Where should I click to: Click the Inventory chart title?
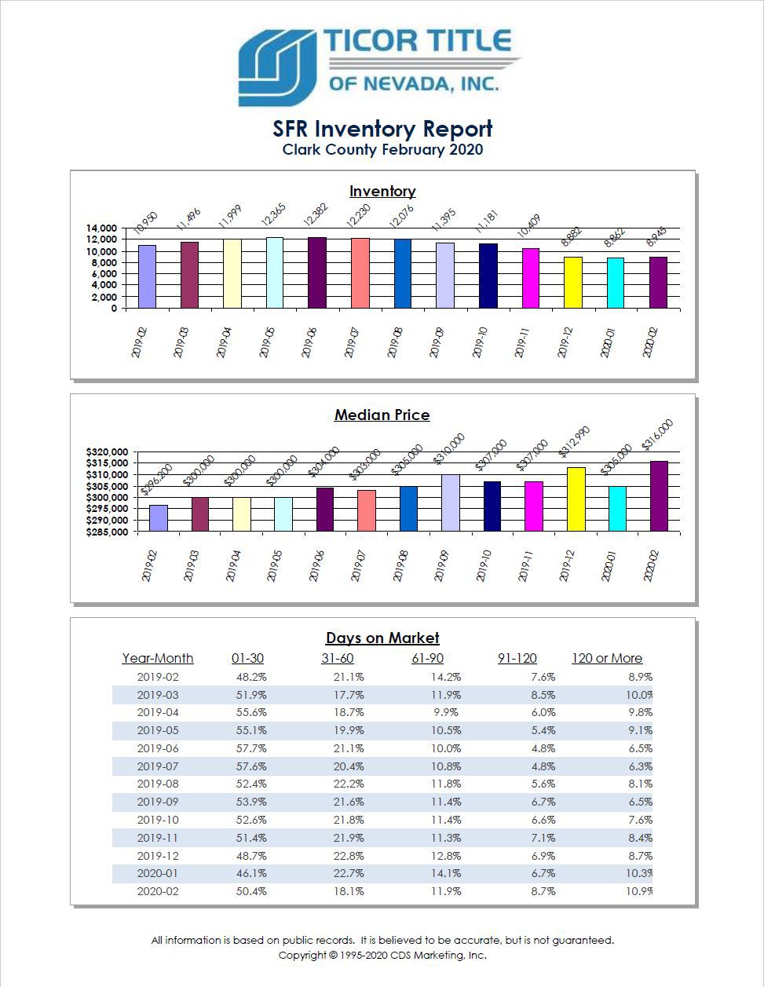382,191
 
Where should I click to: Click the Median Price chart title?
382,415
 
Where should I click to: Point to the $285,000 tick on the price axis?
107,532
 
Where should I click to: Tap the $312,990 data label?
574,442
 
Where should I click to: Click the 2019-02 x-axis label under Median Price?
149,565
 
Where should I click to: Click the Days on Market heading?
382,638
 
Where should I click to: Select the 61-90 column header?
427,658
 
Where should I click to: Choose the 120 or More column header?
607,658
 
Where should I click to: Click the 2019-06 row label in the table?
158,748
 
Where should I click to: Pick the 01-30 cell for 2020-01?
251,873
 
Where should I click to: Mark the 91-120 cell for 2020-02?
543,891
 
